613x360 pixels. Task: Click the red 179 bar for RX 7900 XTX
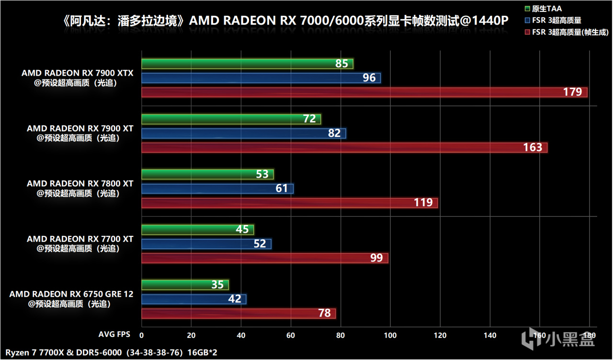[364, 92]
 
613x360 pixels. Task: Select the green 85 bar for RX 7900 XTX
[247, 64]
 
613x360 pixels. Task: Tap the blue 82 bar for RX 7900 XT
[243, 134]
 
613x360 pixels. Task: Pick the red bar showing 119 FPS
[290, 203]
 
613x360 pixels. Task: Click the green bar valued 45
[197, 230]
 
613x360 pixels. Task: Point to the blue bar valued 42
[193, 299]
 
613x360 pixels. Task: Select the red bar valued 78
[238, 314]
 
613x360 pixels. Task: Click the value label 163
[533, 147]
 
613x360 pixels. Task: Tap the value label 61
[282, 189]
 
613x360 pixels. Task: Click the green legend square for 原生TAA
[527, 9]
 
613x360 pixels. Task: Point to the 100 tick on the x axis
[390, 336]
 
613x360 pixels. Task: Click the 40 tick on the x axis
[241, 336]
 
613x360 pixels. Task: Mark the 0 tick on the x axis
[142, 336]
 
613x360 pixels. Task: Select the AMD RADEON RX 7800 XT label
[80, 183]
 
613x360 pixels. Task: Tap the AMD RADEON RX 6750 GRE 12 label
[71, 294]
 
